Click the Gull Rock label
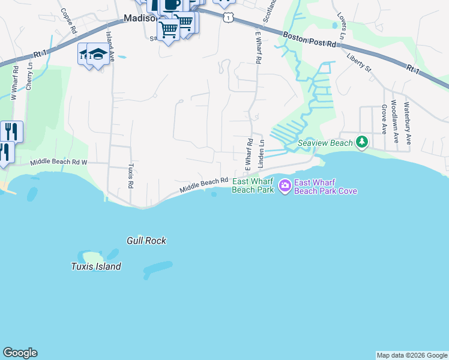click(x=146, y=241)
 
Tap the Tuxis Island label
click(x=96, y=266)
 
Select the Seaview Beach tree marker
click(x=362, y=142)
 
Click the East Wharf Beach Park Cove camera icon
click(x=284, y=186)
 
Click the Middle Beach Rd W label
click(x=59, y=162)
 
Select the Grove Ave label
click(x=383, y=119)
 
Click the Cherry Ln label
click(x=28, y=77)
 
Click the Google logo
click(x=20, y=353)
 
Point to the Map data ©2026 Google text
click(x=412, y=355)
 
